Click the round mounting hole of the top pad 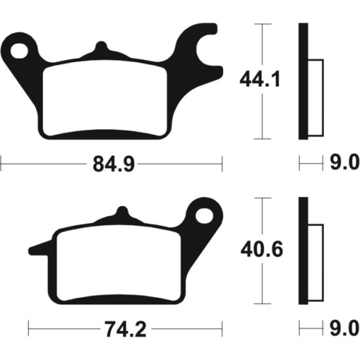26,48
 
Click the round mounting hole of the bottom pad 207,215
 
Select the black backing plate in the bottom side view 302,251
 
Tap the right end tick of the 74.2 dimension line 223,327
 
